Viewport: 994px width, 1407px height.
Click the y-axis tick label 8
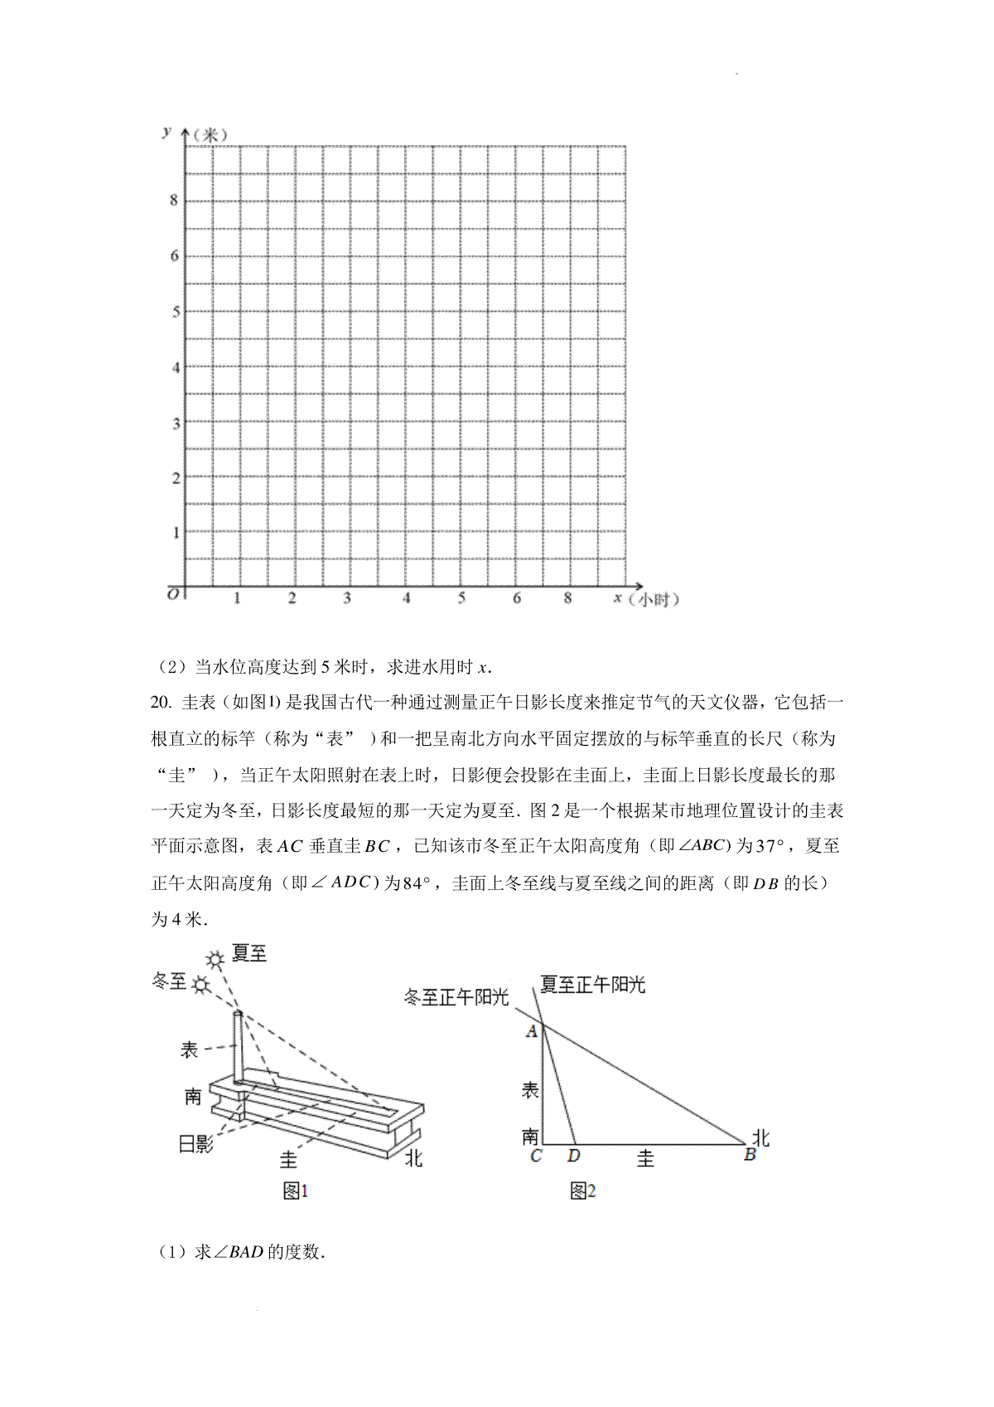tap(174, 201)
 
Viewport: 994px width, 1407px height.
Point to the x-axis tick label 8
tap(567, 598)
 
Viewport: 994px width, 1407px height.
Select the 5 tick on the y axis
tap(175, 312)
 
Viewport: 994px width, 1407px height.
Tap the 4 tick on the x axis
tap(406, 598)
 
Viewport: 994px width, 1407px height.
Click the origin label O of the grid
tap(173, 594)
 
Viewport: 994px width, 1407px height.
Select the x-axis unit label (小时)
tap(659, 600)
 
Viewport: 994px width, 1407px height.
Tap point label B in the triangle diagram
tap(750, 1154)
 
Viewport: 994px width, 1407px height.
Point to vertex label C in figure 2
tap(535, 1155)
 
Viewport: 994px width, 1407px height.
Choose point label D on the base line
tap(572, 1155)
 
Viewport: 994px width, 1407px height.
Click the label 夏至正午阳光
tap(592, 984)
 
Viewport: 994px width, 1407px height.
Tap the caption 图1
tap(295, 1191)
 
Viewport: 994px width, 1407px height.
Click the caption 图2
tap(583, 1191)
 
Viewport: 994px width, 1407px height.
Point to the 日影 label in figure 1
tap(196, 1144)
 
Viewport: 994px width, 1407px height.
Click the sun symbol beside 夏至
tap(216, 960)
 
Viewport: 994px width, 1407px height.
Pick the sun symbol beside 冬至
tap(200, 984)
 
